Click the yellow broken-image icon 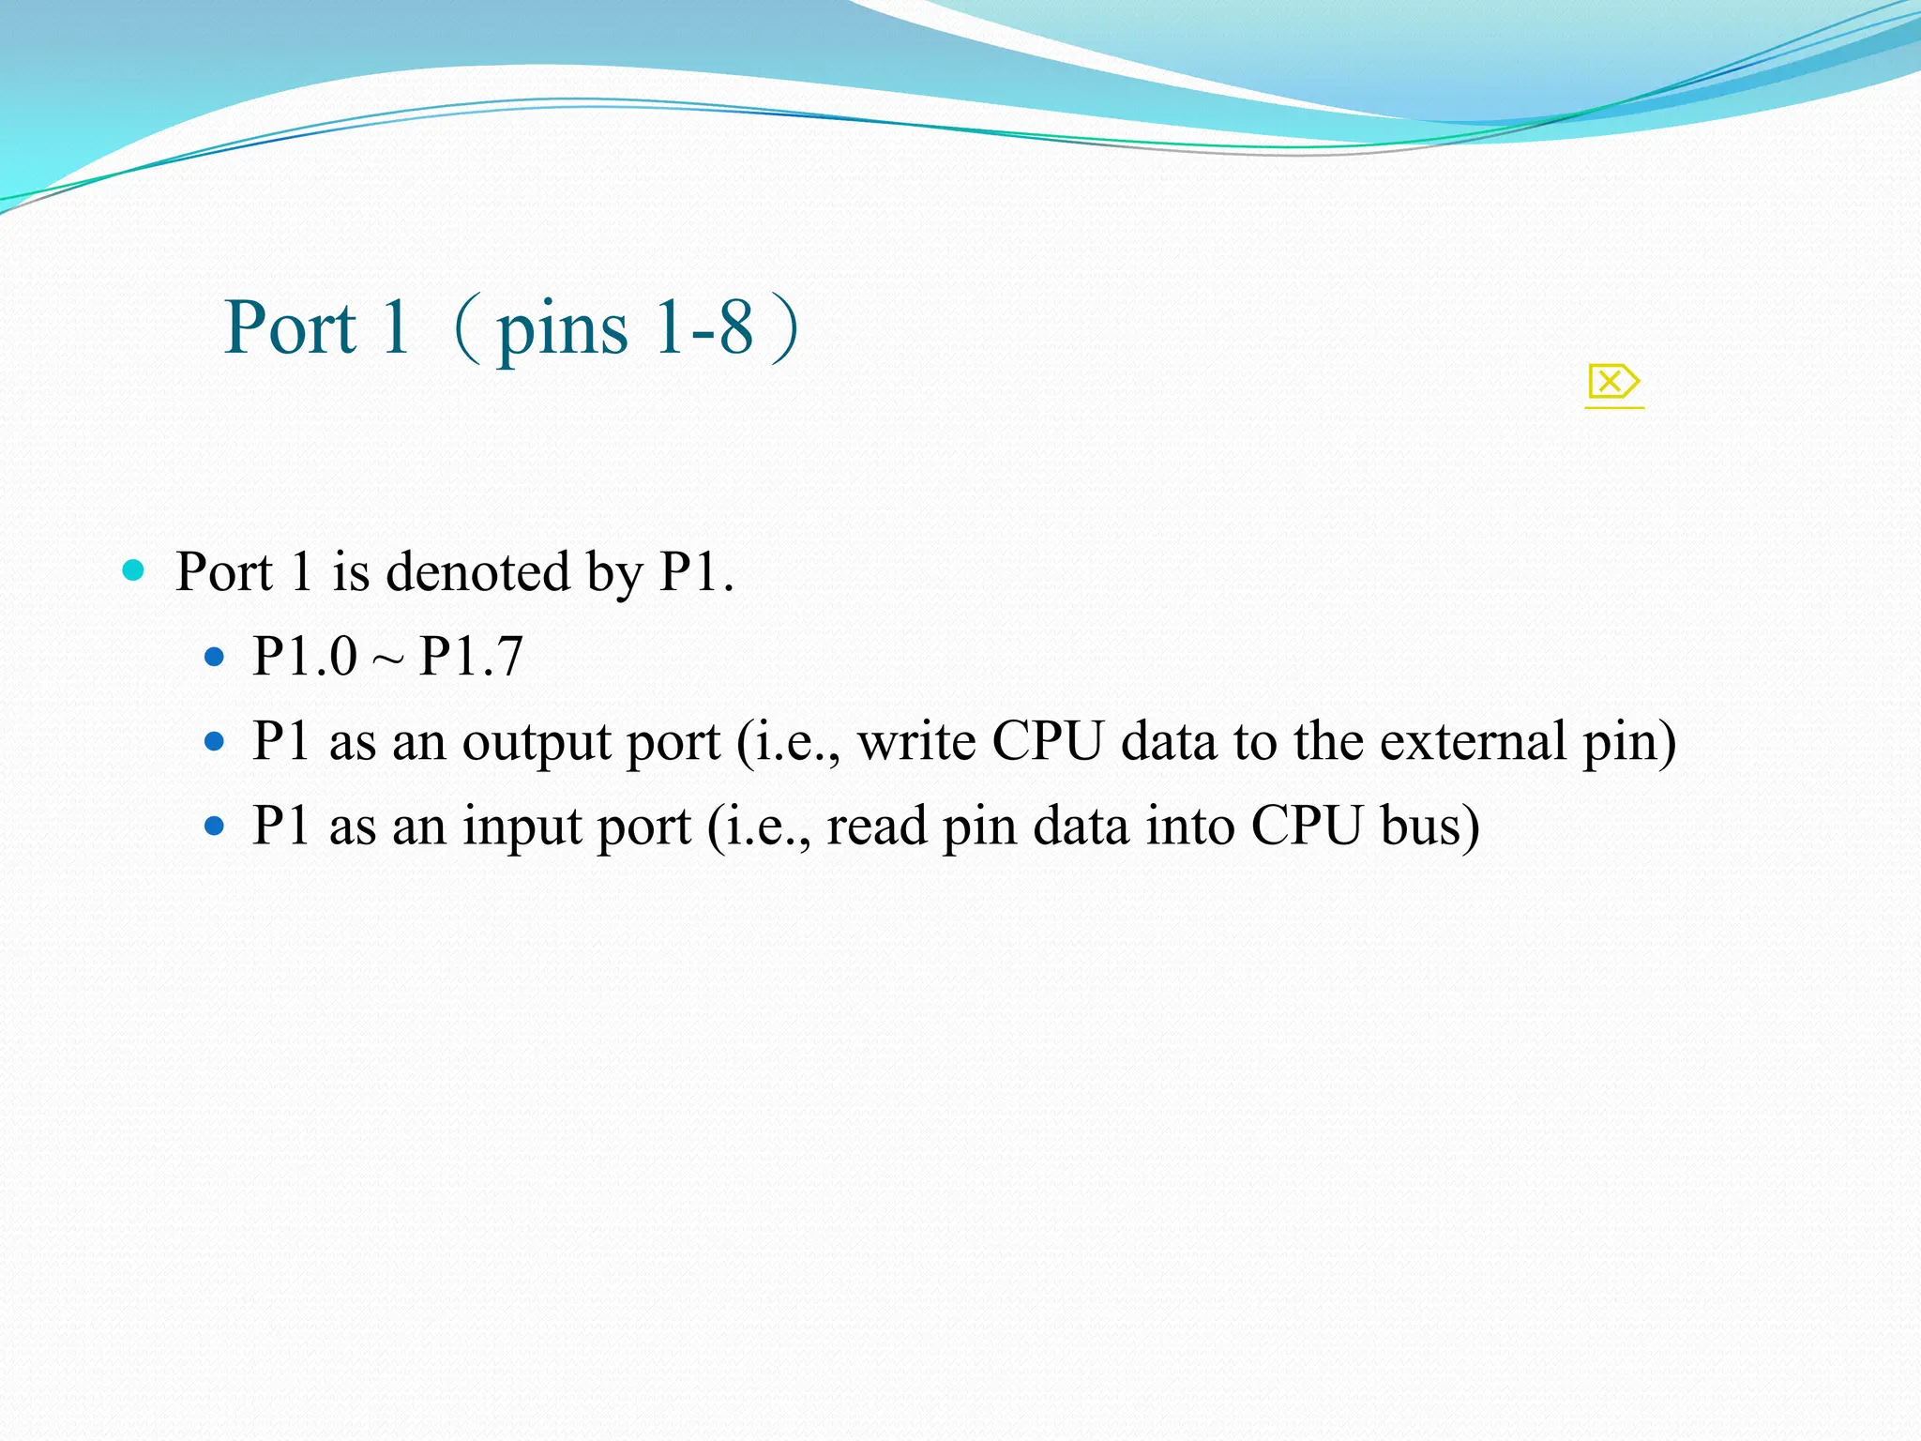coord(1613,383)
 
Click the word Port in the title coord(291,328)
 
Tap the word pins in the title coord(562,330)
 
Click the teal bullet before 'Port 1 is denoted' coord(133,570)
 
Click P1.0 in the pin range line coord(305,656)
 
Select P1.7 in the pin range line coord(471,656)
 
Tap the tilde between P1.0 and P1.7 coord(387,660)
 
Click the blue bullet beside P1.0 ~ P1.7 coord(215,657)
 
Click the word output coord(537,742)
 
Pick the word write coord(916,741)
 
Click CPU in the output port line coord(1048,741)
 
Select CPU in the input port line coord(1307,826)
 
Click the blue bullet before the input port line coord(215,826)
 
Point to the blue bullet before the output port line coord(215,742)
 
